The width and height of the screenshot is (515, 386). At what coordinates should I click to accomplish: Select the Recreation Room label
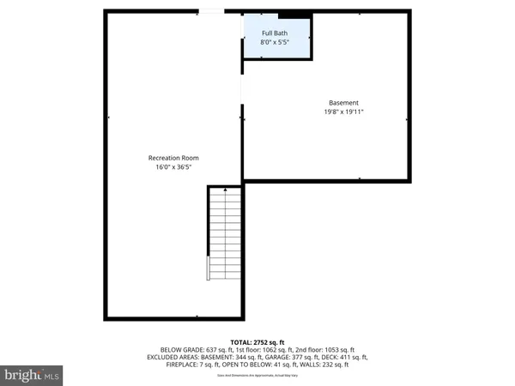point(173,158)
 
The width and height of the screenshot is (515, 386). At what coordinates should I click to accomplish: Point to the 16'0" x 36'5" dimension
point(173,167)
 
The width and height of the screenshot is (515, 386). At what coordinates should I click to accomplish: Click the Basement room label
point(343,103)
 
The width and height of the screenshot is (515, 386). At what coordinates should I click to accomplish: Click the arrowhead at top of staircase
point(225,190)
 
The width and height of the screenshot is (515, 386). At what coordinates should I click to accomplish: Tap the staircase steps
point(225,236)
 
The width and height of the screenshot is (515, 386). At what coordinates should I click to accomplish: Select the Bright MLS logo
point(33,374)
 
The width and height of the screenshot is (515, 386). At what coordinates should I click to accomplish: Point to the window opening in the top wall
point(209,11)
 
